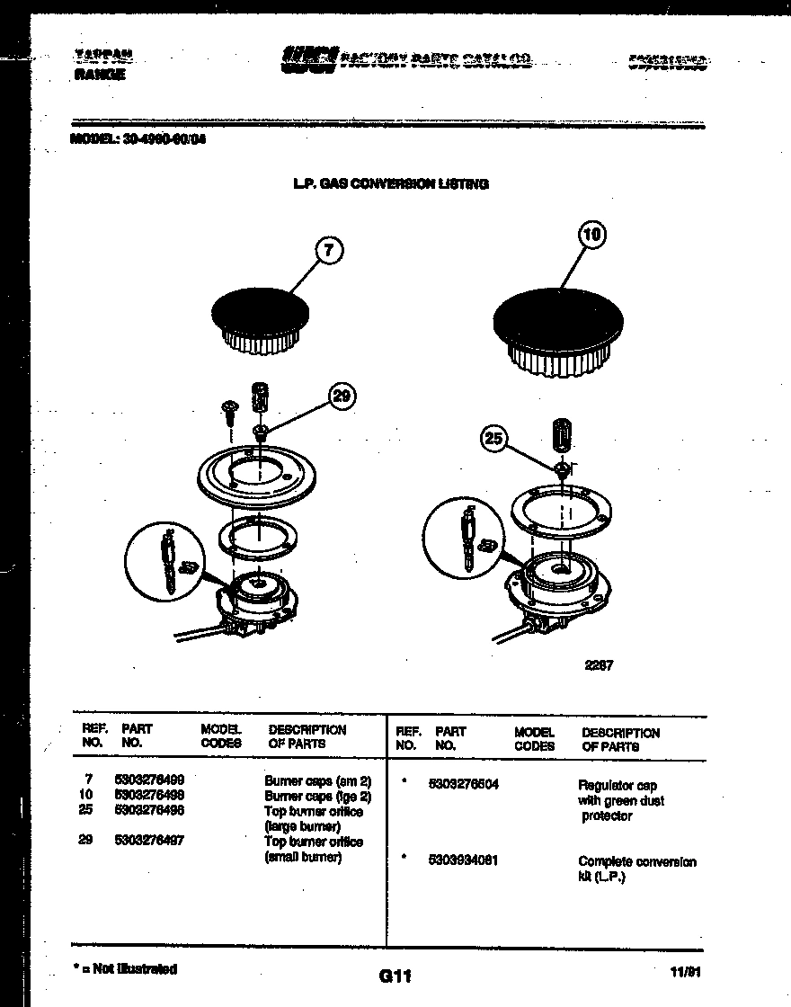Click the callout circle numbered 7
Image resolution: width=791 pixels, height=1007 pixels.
[x=329, y=251]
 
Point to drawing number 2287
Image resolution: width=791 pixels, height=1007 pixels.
[x=599, y=666]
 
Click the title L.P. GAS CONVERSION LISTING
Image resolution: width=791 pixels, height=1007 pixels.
[x=391, y=183]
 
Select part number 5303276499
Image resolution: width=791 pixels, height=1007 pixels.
[x=149, y=781]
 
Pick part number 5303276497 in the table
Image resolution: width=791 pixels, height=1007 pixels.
[x=149, y=842]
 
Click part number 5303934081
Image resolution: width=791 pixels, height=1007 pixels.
[x=464, y=860]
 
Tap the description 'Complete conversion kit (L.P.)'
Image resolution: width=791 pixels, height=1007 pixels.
[x=636, y=868]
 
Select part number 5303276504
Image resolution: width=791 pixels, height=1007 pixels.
[x=464, y=784]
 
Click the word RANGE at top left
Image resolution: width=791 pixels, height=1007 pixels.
[x=99, y=76]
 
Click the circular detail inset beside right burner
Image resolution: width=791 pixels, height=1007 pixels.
[x=468, y=543]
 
